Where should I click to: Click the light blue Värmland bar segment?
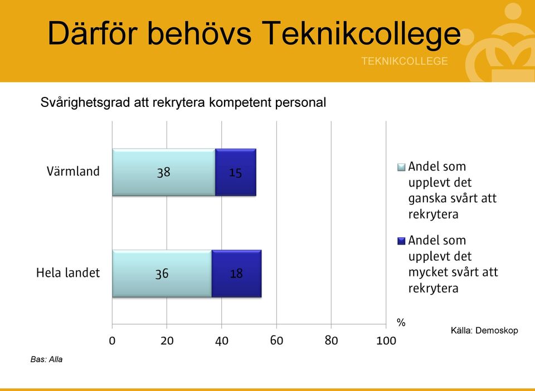click(x=164, y=172)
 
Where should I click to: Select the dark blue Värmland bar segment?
click(x=236, y=172)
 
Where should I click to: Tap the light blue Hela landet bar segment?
click(x=162, y=273)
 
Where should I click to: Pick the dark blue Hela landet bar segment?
click(x=236, y=273)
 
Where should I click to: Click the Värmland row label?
click(x=73, y=171)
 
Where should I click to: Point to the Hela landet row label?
click(x=68, y=273)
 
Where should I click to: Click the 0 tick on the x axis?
click(x=112, y=340)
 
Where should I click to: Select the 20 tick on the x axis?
click(x=167, y=340)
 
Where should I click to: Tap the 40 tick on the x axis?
click(x=222, y=340)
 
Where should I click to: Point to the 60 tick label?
click(x=277, y=340)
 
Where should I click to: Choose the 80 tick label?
click(x=331, y=340)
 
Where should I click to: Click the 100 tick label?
click(x=386, y=340)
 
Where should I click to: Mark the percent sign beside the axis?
click(x=401, y=322)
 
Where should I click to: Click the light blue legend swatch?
click(x=401, y=167)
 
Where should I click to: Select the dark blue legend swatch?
click(x=401, y=241)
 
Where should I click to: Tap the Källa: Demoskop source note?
click(x=484, y=330)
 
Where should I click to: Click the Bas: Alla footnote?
click(x=46, y=359)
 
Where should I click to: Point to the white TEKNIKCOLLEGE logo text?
click(x=405, y=61)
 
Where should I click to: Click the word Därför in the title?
click(x=93, y=33)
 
